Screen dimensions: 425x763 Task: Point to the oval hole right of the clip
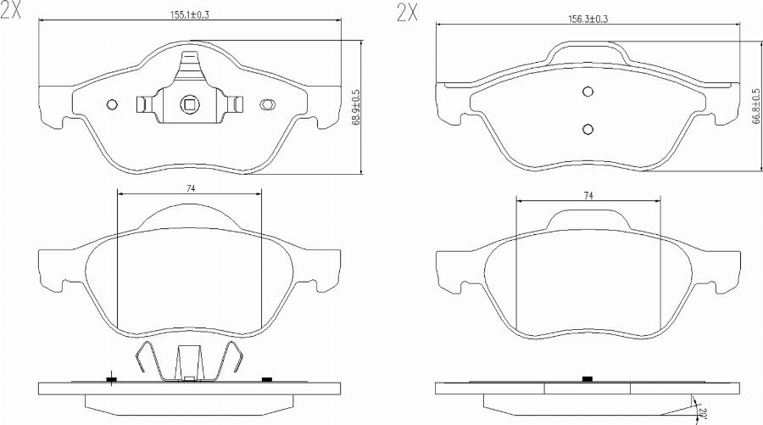click(x=267, y=104)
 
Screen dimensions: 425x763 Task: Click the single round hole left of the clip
click(x=112, y=104)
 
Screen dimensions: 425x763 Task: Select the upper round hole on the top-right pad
click(x=587, y=92)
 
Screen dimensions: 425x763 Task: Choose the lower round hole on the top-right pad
click(x=587, y=128)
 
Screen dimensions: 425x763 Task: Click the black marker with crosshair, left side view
click(x=111, y=378)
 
